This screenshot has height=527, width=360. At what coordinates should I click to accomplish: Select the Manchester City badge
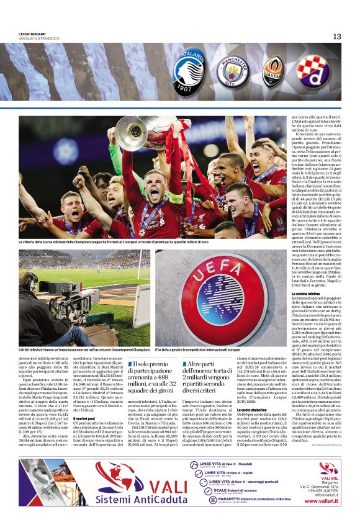(x=236, y=70)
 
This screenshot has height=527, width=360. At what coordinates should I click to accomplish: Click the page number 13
(x=336, y=37)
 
